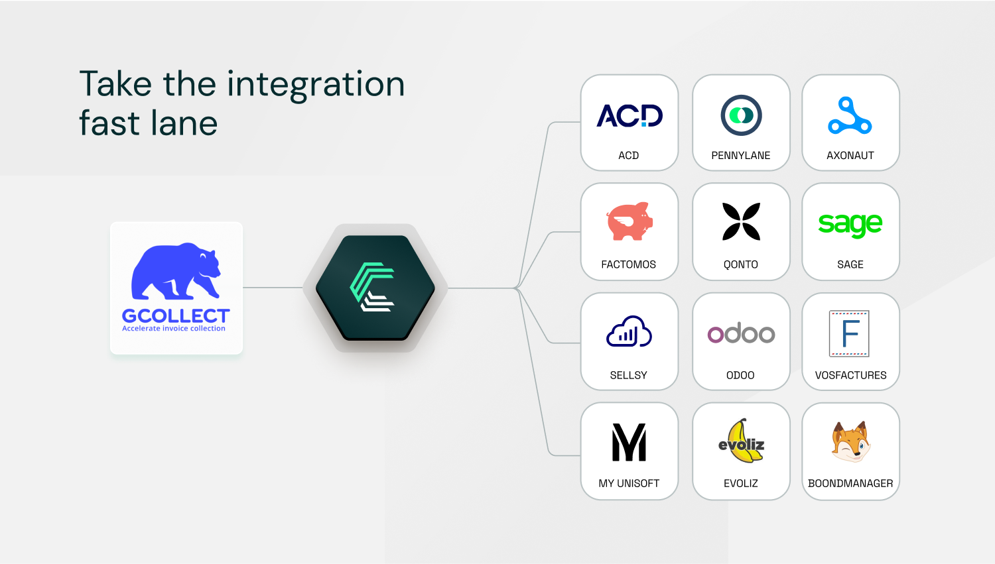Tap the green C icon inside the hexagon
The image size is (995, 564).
pos(371,287)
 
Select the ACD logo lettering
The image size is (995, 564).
pos(629,116)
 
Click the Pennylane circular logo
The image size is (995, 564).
pos(741,115)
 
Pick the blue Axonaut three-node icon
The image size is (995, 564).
pos(850,115)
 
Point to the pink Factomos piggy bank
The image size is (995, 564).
pos(629,221)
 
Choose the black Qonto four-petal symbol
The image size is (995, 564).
pos(741,221)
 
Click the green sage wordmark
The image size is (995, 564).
pos(850,225)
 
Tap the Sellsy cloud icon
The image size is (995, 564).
pos(629,331)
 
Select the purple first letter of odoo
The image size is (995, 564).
pos(715,335)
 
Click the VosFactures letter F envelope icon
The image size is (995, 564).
pos(849,333)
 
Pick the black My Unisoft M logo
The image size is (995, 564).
pos(629,442)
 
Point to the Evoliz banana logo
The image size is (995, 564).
pos(741,441)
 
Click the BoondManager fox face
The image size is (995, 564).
pos(850,441)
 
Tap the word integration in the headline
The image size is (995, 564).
pos(316,85)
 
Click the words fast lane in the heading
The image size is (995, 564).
pos(149,123)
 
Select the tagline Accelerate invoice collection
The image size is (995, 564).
pos(174,328)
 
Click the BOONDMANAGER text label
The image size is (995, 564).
pos(850,483)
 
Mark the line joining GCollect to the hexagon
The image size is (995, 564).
pos(273,288)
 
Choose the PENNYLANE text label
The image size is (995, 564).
pos(741,155)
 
